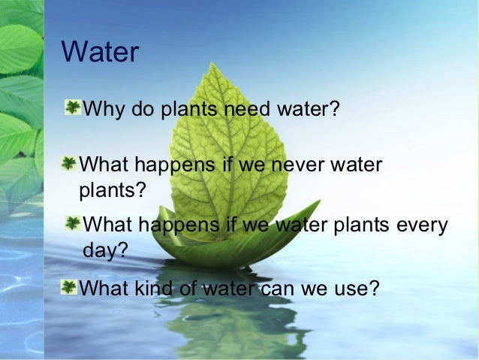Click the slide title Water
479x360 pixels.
pyautogui.click(x=100, y=53)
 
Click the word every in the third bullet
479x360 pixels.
pyautogui.click(x=422, y=225)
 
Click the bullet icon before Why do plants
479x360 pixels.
pyautogui.click(x=74, y=108)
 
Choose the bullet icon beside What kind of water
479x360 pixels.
pyautogui.click(x=69, y=286)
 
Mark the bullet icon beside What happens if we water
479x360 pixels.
pyautogui.click(x=73, y=224)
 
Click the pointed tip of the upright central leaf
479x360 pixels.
pyautogui.click(x=215, y=64)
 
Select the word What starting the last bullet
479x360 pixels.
pyautogui.click(x=104, y=287)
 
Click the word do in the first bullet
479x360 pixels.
pyautogui.click(x=143, y=110)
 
